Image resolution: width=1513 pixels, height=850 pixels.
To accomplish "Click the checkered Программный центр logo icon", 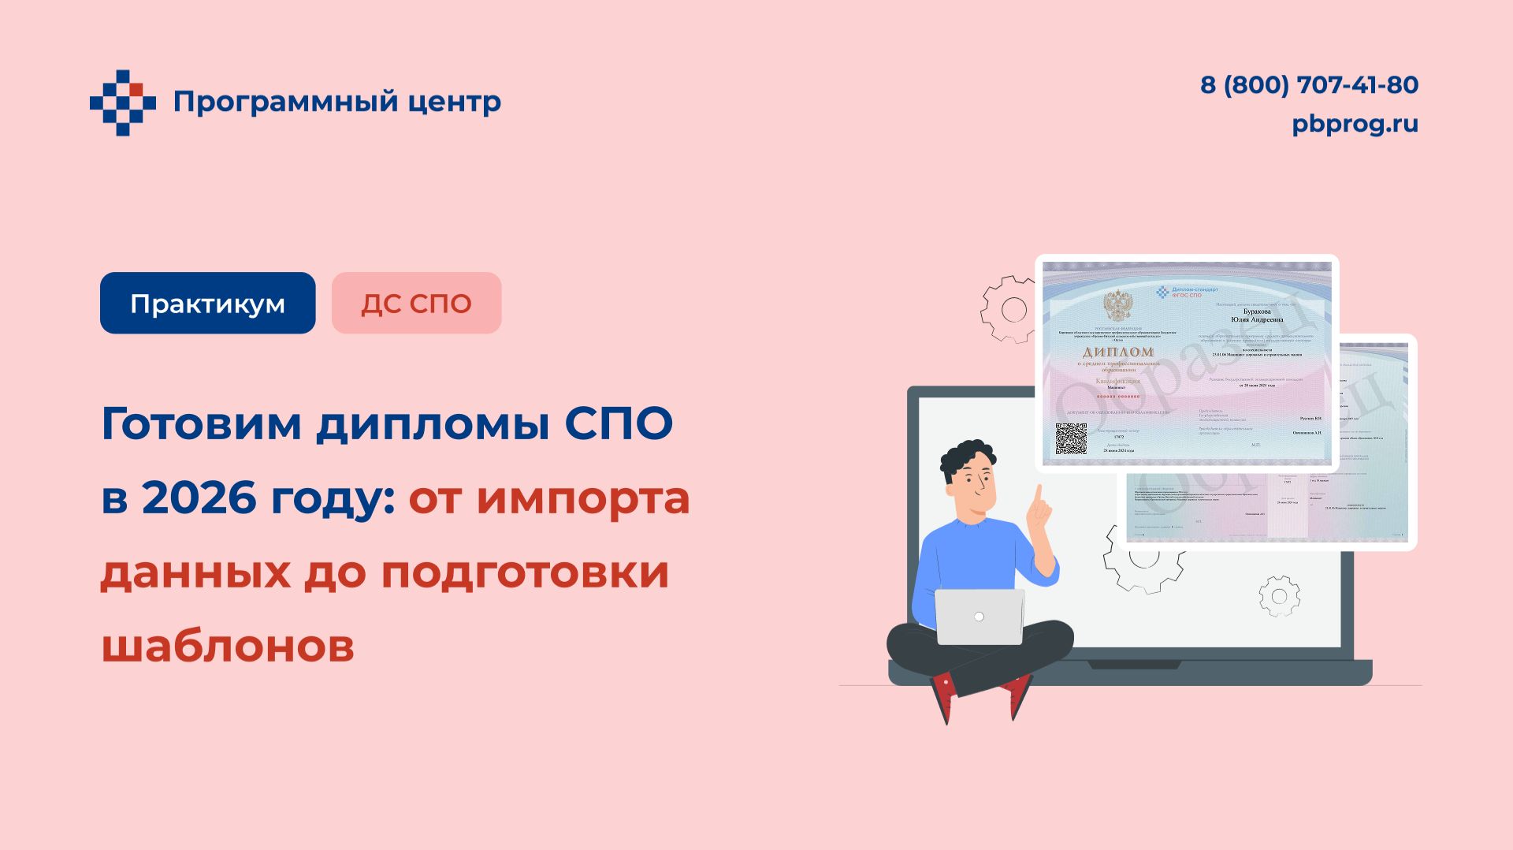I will [122, 103].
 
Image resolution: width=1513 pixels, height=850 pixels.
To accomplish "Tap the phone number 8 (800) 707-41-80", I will [1309, 85].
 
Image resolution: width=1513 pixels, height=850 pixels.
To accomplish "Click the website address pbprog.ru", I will [1355, 125].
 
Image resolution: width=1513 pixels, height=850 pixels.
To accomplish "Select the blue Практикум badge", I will [207, 304].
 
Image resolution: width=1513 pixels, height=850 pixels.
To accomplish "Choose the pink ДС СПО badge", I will [416, 304].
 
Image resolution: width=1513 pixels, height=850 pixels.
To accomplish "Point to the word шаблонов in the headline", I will [228, 647].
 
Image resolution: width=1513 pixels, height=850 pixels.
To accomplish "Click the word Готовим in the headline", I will [202, 424].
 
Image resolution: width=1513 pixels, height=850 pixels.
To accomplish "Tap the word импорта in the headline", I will [583, 498].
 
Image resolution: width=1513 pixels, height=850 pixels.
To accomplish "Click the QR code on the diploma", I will [1071, 439].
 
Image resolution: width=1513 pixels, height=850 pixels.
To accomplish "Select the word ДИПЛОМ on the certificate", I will [1117, 352].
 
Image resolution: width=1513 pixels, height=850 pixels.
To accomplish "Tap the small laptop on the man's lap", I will [979, 617].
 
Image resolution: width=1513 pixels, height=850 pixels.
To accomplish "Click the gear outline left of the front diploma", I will [1009, 309].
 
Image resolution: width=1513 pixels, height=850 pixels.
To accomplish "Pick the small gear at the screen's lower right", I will [1278, 596].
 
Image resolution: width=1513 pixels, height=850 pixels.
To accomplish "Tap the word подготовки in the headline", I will [525, 572].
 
